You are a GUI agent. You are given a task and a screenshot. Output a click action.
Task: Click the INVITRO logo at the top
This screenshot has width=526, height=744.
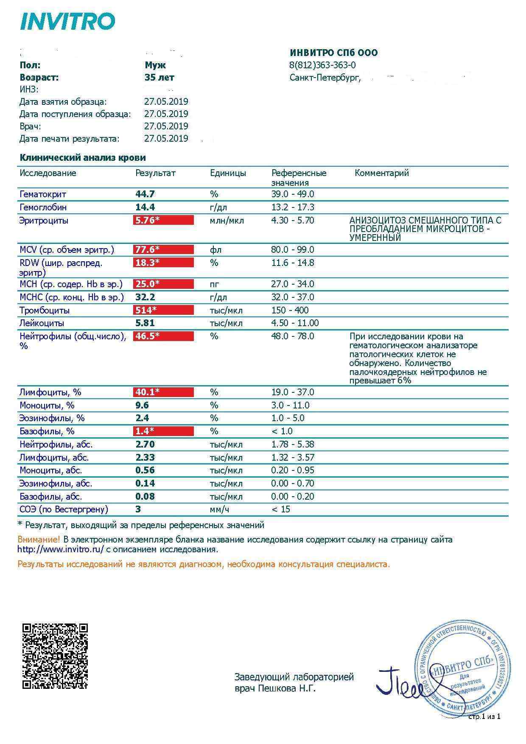68,21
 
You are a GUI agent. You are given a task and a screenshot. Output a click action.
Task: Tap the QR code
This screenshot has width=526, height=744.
55,656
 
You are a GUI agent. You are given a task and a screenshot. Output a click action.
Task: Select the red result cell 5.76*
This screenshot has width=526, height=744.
163,220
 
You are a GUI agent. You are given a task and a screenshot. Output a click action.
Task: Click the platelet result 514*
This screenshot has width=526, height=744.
163,310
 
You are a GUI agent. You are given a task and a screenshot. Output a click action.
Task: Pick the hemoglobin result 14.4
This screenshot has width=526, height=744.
145,207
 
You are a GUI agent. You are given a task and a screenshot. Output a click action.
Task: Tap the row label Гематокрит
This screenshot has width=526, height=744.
43,194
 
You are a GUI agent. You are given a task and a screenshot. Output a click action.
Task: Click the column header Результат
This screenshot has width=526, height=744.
155,173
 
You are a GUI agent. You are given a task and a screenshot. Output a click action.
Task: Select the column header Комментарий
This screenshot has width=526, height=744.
381,173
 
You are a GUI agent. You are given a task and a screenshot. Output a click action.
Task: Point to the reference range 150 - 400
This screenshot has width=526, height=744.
290,310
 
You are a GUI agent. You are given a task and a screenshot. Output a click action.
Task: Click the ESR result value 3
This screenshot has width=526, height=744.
138,509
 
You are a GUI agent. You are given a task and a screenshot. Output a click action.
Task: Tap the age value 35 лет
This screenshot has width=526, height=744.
159,77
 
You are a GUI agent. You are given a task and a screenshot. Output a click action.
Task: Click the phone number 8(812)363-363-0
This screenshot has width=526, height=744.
322,65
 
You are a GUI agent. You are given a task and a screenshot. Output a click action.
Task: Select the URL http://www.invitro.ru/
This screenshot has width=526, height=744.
61,549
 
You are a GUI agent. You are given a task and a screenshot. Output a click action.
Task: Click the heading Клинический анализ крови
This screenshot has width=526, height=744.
83,158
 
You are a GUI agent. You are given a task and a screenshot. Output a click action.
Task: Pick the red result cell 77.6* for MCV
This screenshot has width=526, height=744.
163,249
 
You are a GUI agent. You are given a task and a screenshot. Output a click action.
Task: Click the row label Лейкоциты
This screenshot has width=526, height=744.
42,323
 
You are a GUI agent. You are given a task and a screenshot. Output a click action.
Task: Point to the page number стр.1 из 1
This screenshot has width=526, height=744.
484,716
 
